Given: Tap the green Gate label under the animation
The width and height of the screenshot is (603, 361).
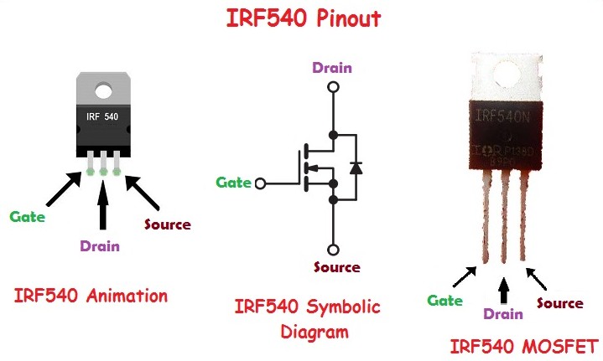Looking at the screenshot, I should [x=27, y=216].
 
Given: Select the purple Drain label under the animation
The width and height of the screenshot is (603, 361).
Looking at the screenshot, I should [x=99, y=245].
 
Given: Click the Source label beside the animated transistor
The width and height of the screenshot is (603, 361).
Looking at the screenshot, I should [x=167, y=224].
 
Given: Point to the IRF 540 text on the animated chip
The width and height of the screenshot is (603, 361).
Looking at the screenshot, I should [x=103, y=116].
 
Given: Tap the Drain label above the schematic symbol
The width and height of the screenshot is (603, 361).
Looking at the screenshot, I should [x=332, y=68].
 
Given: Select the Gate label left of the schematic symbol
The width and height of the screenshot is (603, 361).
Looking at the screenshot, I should [x=234, y=182].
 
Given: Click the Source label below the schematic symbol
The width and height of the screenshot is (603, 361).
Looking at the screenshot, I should [x=336, y=267].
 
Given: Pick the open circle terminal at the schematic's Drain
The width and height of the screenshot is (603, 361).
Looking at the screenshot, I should [x=334, y=86].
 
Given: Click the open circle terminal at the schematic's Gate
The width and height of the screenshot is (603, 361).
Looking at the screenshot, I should [x=260, y=183].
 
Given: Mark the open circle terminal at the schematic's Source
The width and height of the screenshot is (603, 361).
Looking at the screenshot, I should [x=334, y=249].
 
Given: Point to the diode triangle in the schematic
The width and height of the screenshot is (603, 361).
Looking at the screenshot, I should [x=356, y=168].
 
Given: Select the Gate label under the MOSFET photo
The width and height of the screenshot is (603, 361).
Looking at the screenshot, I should [x=444, y=300].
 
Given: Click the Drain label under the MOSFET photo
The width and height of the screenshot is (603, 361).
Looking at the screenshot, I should [x=503, y=314].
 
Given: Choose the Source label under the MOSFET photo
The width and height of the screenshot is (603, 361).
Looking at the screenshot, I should [x=559, y=302].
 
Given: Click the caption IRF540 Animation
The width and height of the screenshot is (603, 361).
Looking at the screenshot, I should [x=91, y=296].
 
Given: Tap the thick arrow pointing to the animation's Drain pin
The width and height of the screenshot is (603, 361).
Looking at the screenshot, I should [x=103, y=204].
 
